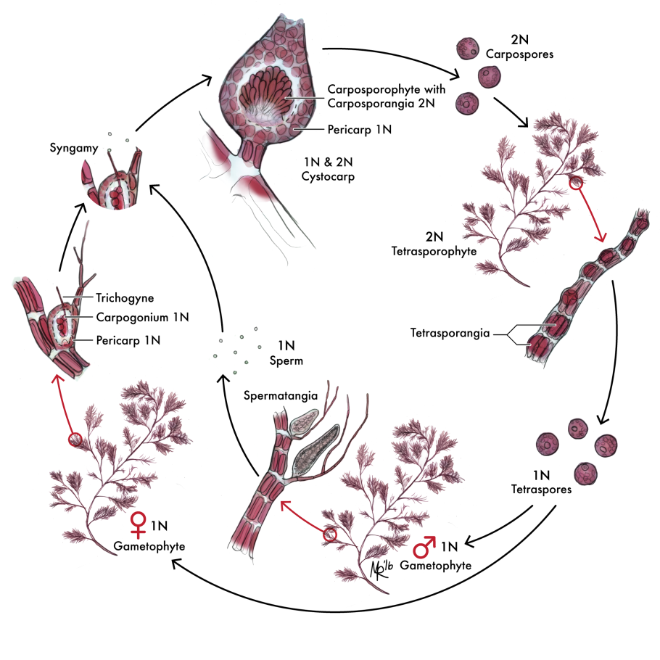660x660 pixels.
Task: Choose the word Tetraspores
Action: [541, 490]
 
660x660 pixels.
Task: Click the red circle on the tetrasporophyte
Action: [575, 185]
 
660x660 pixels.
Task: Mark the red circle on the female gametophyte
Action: [74, 440]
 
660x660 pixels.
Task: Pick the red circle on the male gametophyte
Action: [331, 535]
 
